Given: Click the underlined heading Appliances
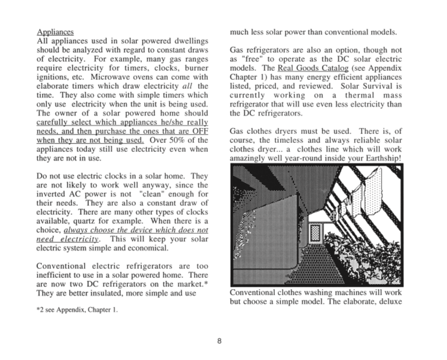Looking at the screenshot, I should click(55, 32).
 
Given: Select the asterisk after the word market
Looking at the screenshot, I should click(207, 283).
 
